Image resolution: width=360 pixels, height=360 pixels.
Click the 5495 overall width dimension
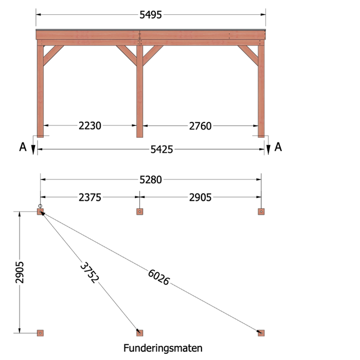tap(151, 15)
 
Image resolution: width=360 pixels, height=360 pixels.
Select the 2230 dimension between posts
tap(90, 126)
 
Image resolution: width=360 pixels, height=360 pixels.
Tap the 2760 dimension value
tap(200, 126)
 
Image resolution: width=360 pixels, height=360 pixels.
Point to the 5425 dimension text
tap(161, 150)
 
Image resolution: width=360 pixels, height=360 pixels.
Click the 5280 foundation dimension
tap(151, 179)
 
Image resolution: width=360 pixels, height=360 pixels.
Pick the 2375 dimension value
tap(90, 197)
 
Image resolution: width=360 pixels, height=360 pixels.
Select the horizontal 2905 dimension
tap(200, 197)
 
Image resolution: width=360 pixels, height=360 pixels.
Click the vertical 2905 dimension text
tap(20, 272)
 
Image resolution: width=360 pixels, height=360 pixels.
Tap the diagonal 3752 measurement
tap(89, 273)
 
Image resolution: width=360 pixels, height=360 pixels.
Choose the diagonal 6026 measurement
tap(158, 277)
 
